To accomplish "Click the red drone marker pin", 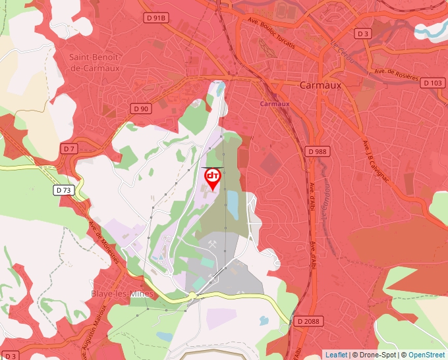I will click(x=213, y=178).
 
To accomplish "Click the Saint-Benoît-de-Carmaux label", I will click(x=94, y=62).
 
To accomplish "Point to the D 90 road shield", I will click(x=140, y=108).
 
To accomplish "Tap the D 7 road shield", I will click(x=69, y=149).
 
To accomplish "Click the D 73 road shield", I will click(x=63, y=190).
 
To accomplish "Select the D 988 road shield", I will click(x=317, y=151).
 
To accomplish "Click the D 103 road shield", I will click(x=433, y=82).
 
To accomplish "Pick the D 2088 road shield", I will click(x=309, y=321).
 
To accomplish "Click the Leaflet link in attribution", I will click(x=336, y=355).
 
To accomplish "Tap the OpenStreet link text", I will click(x=426, y=355).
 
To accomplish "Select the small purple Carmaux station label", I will click(x=275, y=104).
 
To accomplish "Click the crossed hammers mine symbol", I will click(x=212, y=244).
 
